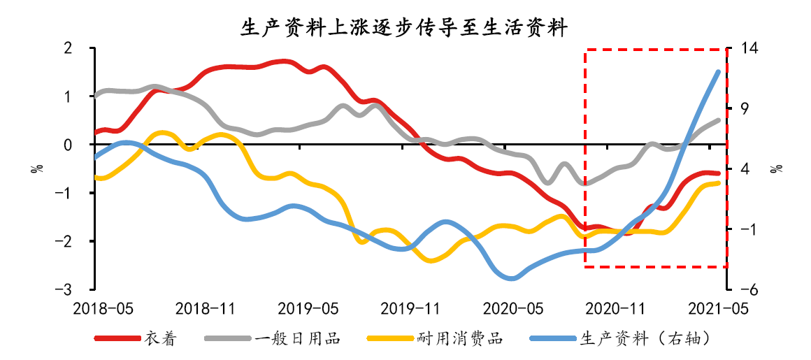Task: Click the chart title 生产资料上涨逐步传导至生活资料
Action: (404, 27)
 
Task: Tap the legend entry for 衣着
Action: (161, 339)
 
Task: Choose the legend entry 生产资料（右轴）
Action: (646, 339)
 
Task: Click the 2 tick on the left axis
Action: (68, 48)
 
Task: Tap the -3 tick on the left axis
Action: (66, 289)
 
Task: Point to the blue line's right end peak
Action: (718, 71)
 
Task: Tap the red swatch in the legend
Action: (117, 339)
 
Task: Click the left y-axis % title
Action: (34, 168)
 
